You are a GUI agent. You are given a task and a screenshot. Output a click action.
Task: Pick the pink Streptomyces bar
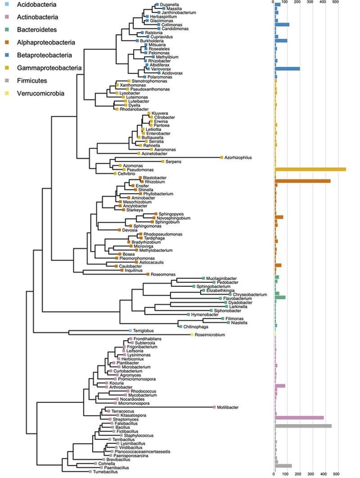click(x=299, y=418)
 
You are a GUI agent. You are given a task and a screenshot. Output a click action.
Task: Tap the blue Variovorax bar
click(x=287, y=68)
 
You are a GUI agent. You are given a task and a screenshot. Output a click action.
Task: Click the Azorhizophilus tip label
click(x=238, y=157)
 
